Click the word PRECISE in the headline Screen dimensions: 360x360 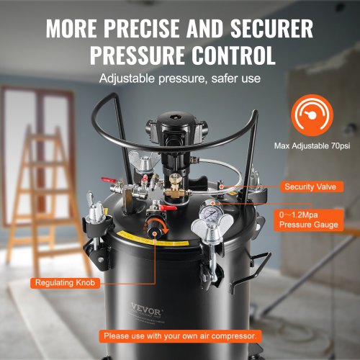pyautogui.click(x=142, y=28)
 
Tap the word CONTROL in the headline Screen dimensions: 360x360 pyautogui.click(x=233, y=55)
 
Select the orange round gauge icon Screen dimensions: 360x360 pyautogui.click(x=312, y=115)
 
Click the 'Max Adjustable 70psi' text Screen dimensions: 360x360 pyautogui.click(x=312, y=145)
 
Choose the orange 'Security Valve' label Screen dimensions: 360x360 pyautogui.click(x=312, y=186)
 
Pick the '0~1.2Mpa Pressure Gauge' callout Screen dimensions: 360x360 pyautogui.click(x=309, y=220)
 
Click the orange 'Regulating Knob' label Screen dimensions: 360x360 pyautogui.click(x=65, y=282)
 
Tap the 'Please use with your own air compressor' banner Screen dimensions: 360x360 pyautogui.click(x=180, y=336)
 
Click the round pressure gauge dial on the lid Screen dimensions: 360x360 pyautogui.click(x=210, y=212)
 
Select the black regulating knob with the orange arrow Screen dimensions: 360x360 pyautogui.click(x=153, y=228)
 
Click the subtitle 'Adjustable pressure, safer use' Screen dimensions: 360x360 pyautogui.click(x=180, y=78)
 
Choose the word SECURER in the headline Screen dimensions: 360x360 pyautogui.click(x=271, y=28)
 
